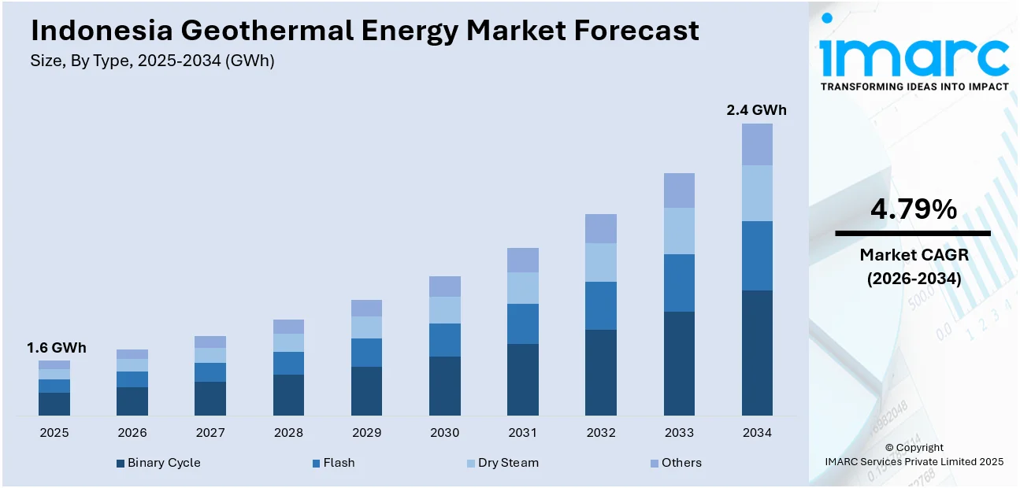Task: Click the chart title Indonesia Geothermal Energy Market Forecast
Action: (x=365, y=30)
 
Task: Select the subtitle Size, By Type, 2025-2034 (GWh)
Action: (x=153, y=61)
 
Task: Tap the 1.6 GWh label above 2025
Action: (x=57, y=348)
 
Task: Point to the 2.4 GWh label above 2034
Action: (x=756, y=110)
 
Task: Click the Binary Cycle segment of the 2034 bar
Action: (x=757, y=353)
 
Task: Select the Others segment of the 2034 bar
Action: (x=757, y=144)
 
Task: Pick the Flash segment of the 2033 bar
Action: (x=679, y=283)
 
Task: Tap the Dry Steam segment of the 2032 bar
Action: (x=601, y=262)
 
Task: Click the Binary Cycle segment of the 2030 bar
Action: (x=445, y=386)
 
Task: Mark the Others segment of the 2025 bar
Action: (x=54, y=365)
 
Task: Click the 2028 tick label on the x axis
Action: (x=288, y=433)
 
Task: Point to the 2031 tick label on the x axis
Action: (x=523, y=433)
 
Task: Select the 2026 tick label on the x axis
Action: (x=132, y=433)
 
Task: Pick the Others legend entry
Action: (x=675, y=463)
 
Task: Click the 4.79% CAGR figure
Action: (x=913, y=209)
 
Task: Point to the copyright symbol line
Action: (x=914, y=448)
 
